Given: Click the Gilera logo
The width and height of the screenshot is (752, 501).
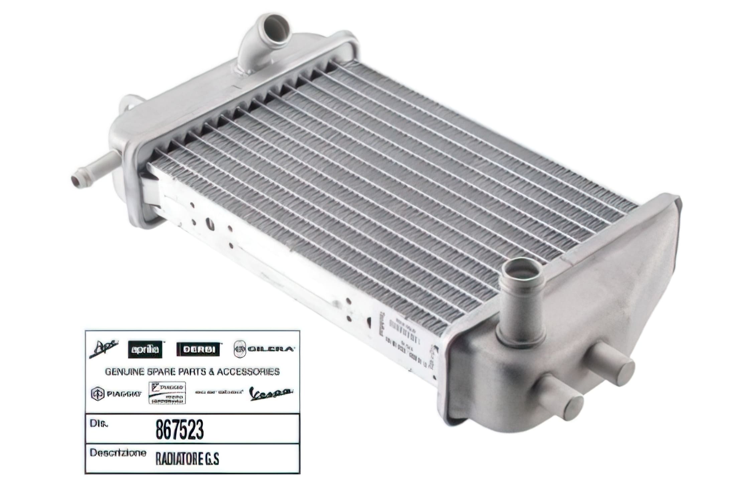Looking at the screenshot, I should pos(264,349).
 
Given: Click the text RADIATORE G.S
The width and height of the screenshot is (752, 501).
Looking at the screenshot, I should pos(187,460).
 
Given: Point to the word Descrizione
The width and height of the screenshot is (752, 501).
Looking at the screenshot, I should pos(118,453).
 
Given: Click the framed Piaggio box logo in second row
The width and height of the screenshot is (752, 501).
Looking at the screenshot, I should pos(167,393).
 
